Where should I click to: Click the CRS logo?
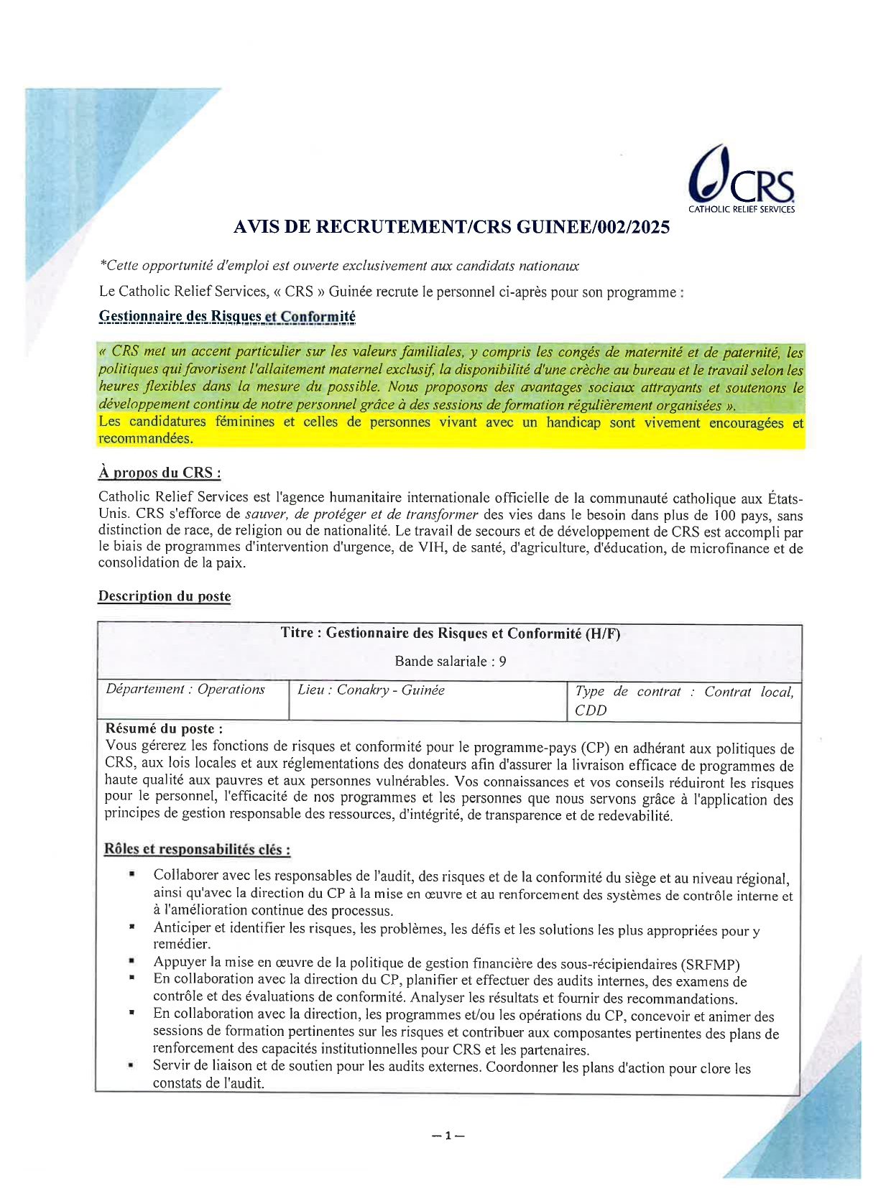pos(741,180)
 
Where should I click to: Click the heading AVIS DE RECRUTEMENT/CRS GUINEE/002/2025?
pos(451,227)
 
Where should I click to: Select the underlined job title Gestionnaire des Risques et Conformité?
pos(227,316)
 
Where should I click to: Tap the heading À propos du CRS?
pos(160,473)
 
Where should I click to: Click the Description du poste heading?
pos(165,596)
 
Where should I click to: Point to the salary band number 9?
pos(502,661)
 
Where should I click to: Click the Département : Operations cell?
pos(185,690)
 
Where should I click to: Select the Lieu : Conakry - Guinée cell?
pos(371,690)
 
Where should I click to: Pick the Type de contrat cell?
pos(683,700)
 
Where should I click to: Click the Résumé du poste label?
pos(164,728)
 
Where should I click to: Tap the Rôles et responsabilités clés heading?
pos(198,849)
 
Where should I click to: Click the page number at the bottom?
pos(447,1136)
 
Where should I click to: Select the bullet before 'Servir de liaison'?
pos(132,1066)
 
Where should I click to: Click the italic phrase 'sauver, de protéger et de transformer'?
pos(361,514)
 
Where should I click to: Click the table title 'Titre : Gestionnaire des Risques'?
pos(450,633)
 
